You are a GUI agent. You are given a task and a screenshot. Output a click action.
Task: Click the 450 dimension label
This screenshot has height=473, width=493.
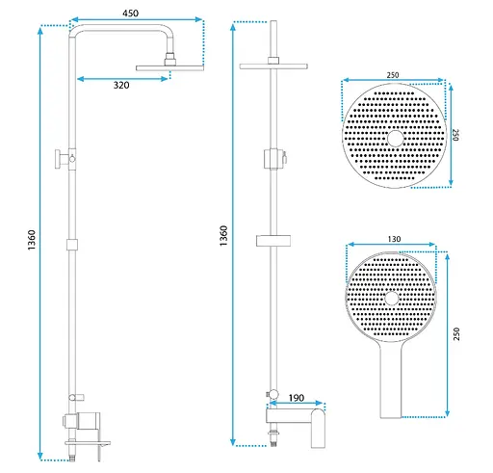pos(131,13)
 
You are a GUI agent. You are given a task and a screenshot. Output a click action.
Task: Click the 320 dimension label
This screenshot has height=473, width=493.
pos(121,85)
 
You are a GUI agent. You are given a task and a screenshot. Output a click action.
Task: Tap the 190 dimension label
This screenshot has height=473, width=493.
pos(297,398)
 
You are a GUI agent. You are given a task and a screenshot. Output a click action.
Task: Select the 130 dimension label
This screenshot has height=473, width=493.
pos(394,239)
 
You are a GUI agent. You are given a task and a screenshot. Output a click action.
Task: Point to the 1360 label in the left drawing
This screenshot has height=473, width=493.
pos(32,240)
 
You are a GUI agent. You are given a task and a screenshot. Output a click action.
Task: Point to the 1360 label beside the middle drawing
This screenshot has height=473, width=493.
pos(223,236)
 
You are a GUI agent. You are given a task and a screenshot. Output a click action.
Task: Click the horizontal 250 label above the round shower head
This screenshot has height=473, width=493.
pos(393,75)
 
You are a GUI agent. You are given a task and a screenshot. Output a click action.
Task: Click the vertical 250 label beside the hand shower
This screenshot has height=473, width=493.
pos(456,334)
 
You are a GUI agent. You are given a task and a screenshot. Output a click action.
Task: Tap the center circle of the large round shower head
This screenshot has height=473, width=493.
pos(395,139)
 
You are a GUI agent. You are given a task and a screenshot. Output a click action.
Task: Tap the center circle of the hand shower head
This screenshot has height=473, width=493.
pos(391,298)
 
